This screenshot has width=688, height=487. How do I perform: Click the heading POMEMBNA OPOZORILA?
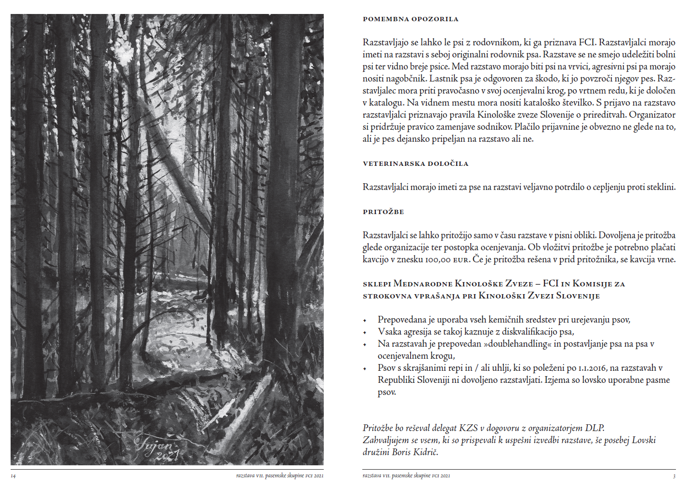[410, 19]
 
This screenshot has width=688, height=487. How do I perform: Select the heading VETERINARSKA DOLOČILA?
[415, 164]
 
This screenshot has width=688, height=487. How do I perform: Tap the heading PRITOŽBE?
[383, 212]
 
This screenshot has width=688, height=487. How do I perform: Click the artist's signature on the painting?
[155, 444]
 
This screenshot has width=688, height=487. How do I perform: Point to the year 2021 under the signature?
[166, 456]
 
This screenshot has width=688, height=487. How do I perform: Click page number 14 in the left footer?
[13, 476]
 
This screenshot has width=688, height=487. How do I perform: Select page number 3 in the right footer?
[674, 476]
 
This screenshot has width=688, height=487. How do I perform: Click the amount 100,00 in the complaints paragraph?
[437, 259]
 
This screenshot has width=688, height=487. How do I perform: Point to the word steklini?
[661, 187]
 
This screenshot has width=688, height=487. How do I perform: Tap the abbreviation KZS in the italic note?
[468, 428]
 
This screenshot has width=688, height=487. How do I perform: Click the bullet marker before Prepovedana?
[365, 320]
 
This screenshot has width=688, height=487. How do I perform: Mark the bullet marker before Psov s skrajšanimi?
[365, 368]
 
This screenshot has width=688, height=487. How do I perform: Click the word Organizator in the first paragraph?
[652, 115]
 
